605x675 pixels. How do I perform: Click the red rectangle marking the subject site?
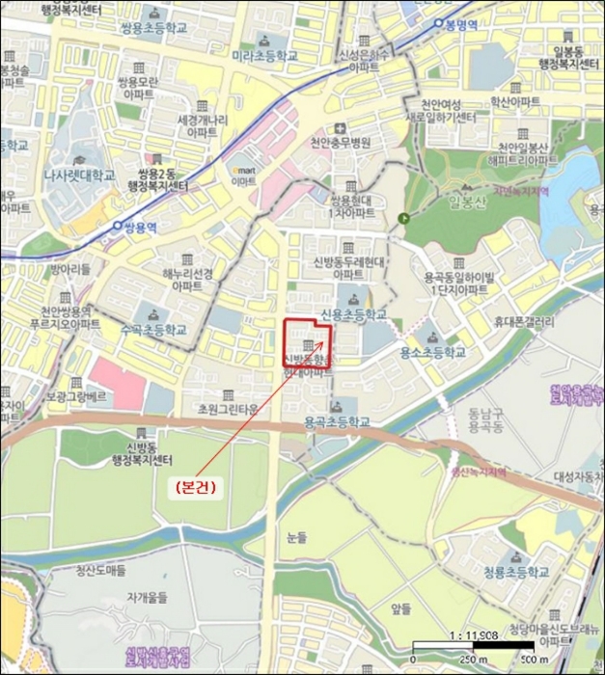[307, 346]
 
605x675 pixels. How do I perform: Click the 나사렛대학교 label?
[80, 175]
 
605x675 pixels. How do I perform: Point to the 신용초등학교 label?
[353, 314]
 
